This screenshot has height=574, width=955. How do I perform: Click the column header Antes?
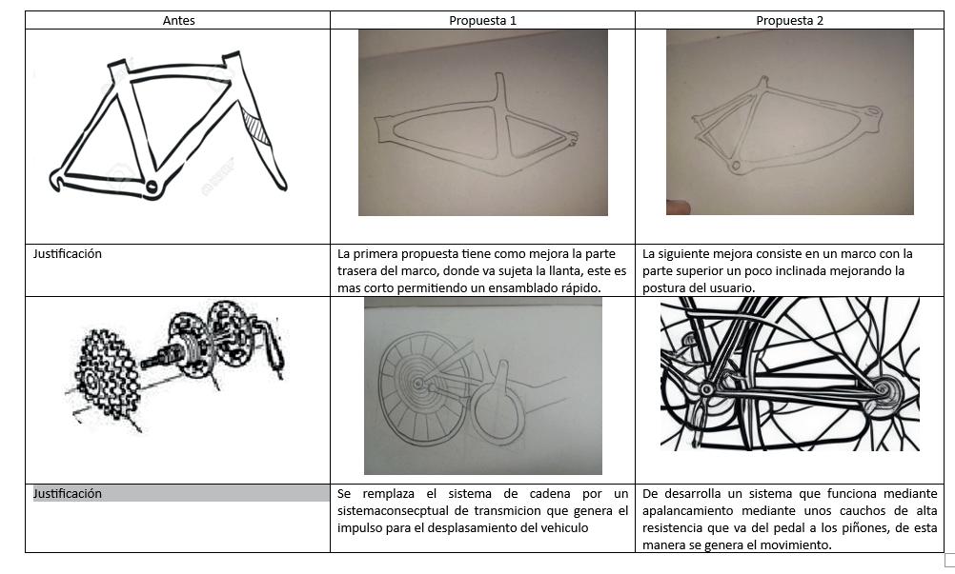178,20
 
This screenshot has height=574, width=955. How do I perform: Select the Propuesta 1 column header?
482,20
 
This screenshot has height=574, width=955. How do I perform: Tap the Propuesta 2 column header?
789,20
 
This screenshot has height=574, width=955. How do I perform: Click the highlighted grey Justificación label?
67,493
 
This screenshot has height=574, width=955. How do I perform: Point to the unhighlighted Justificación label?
67,253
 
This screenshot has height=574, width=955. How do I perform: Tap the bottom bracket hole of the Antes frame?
151,187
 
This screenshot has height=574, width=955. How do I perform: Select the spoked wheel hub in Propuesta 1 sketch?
417,383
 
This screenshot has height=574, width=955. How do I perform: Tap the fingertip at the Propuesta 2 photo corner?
678,208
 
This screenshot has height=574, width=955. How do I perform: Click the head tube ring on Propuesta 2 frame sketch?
873,112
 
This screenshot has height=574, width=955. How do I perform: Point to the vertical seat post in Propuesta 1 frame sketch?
500,90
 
